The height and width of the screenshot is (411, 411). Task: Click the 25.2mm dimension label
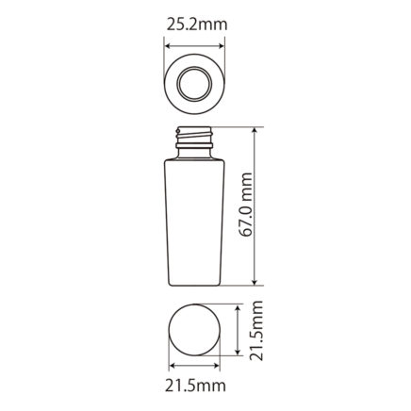pos(197,25)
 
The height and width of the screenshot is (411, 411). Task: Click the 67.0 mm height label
pos(246,205)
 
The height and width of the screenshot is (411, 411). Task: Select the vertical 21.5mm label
pos(255,330)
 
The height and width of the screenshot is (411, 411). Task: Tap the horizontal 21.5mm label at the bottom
pos(195,386)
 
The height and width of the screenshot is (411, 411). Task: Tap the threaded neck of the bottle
pos(194,135)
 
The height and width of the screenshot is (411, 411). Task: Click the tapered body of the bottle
pos(194,223)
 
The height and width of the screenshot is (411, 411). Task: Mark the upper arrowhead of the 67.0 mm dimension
pos(255,130)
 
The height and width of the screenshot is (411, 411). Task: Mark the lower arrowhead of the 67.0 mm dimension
pos(255,283)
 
